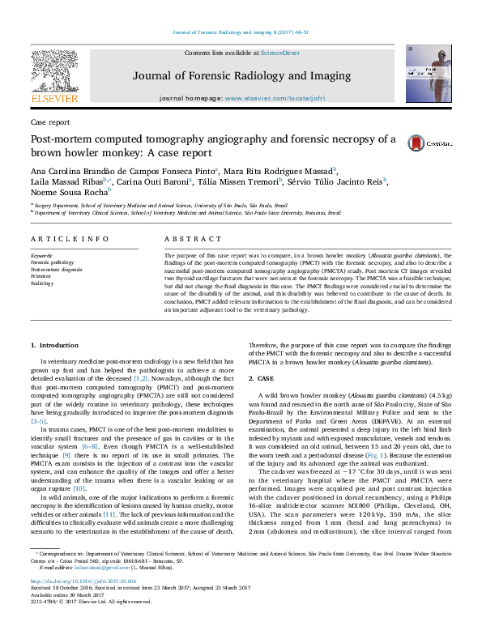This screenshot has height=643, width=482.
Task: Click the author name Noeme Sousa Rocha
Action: click(x=68, y=193)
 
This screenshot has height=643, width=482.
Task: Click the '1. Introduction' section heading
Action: click(x=55, y=346)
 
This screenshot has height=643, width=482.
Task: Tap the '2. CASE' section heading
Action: click(x=261, y=379)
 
